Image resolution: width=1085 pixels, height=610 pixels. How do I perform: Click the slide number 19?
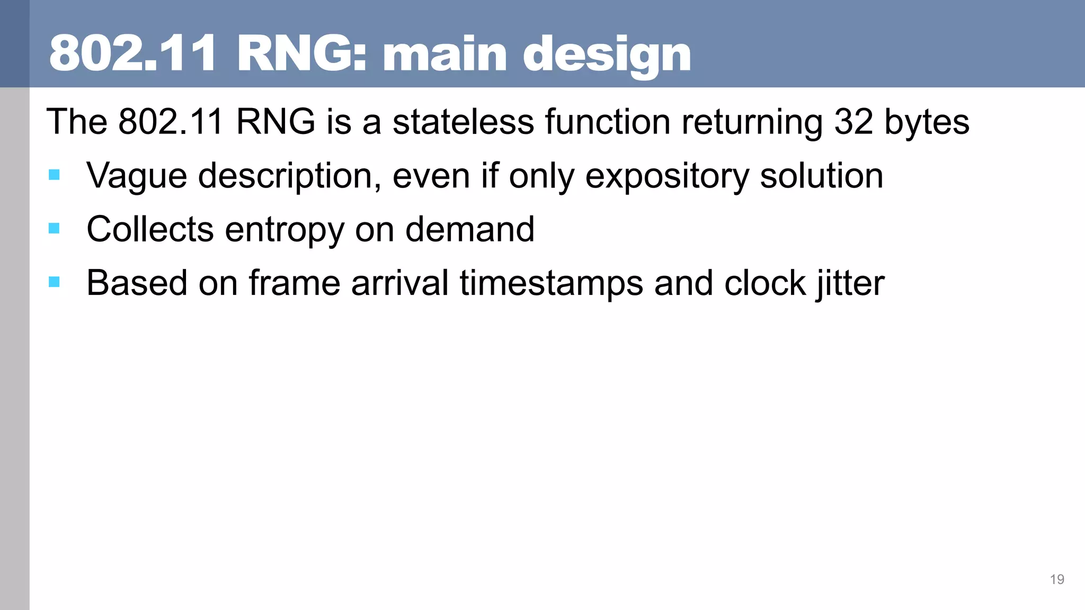coord(1056,579)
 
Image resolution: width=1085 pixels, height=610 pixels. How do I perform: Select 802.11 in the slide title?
coord(132,54)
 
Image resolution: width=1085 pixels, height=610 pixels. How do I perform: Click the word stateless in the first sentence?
coord(463,122)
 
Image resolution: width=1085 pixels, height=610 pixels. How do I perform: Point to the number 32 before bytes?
coord(853,122)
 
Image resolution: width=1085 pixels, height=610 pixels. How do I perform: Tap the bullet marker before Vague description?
coord(54,175)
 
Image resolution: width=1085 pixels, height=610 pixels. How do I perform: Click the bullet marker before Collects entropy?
coord(54,228)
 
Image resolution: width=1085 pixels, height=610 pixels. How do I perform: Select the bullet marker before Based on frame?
coord(54,282)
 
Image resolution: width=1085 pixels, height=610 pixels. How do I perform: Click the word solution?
coord(821,176)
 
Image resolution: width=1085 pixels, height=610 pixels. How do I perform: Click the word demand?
coord(469,230)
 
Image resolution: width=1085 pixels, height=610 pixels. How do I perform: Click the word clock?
coord(764,283)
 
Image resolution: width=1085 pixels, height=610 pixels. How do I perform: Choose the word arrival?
coord(400,283)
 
